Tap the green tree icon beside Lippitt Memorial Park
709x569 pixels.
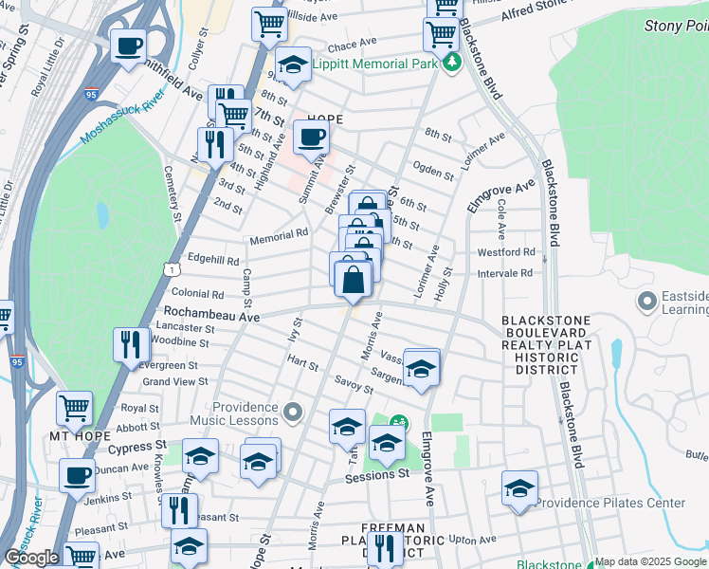[x=453, y=63]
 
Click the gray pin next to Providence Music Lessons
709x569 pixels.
[x=293, y=412]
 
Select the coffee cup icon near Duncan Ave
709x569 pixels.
[x=77, y=475]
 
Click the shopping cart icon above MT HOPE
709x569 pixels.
[x=75, y=408]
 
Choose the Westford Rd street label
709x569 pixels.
[x=505, y=252]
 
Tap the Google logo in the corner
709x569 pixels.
[x=32, y=557]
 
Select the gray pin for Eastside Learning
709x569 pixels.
[x=648, y=303]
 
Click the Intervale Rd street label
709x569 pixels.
[x=507, y=272]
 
